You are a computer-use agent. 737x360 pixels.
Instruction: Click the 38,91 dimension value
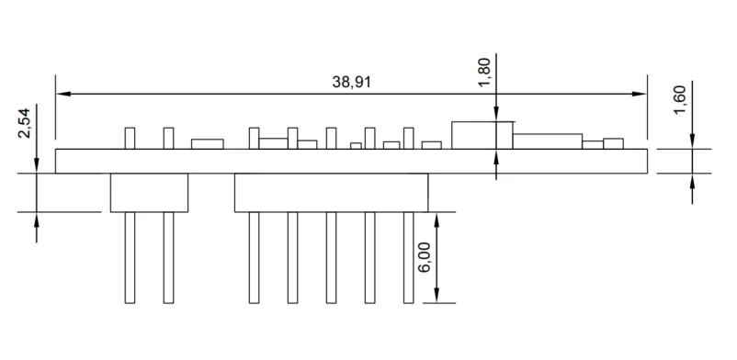pos(352,82)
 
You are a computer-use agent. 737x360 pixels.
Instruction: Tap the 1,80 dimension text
pos(483,72)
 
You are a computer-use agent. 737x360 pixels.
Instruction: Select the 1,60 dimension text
pos(680,99)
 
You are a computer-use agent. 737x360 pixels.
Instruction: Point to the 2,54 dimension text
pos(24,123)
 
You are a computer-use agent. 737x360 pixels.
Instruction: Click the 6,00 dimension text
pos(424,258)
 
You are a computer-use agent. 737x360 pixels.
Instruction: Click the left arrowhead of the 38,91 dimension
pos(63,94)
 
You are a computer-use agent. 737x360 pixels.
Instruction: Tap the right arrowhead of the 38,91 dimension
pos(640,94)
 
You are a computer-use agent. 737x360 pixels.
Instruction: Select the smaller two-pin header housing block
pos(150,193)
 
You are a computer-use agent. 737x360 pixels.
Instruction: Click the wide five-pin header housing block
pos(332,193)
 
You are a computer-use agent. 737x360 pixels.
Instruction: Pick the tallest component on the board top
pos(482,135)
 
